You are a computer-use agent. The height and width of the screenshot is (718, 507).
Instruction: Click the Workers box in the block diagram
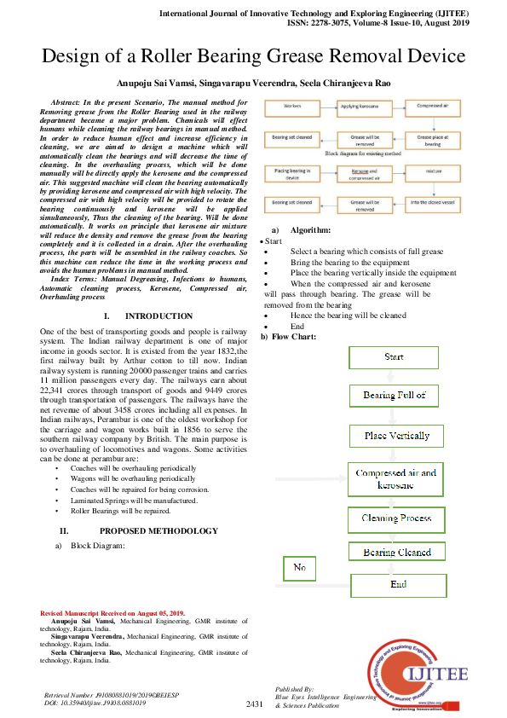[x=292, y=108]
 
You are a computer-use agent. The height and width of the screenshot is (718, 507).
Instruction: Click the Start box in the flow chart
[x=394, y=356]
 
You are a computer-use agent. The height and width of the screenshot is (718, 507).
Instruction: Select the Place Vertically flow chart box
[x=397, y=436]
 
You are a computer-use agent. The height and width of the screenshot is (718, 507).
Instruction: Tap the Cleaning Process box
[x=397, y=518]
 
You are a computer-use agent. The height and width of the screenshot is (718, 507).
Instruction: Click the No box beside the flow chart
[x=299, y=567]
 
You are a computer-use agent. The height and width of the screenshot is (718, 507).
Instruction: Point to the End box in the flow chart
[x=398, y=585]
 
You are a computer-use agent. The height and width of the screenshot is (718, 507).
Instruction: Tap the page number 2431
[x=255, y=704]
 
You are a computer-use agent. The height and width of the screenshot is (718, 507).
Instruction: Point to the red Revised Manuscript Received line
[x=112, y=613]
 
